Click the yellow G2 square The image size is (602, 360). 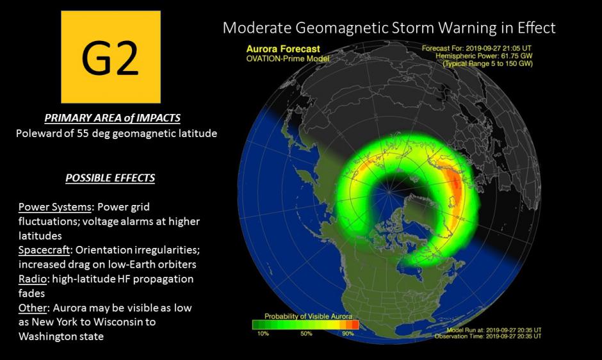click(x=111, y=57)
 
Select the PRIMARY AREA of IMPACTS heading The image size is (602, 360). click(x=112, y=118)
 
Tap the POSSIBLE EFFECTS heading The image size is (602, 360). click(x=110, y=178)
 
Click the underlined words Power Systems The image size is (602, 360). click(x=55, y=207)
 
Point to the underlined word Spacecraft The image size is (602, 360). click(x=44, y=250)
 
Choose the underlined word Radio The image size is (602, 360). click(x=33, y=279)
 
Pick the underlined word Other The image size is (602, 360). click(x=33, y=307)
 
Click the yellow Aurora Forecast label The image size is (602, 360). click(x=283, y=49)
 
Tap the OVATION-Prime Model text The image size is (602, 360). click(x=288, y=59)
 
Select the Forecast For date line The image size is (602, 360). click(x=476, y=49)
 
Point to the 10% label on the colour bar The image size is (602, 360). click(x=263, y=334)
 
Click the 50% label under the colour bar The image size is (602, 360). click(x=306, y=334)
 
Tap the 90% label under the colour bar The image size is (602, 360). click(x=348, y=334)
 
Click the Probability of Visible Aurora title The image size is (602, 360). click(x=308, y=316)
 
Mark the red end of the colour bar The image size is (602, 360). click(x=355, y=325)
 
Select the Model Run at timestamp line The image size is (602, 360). click(x=494, y=330)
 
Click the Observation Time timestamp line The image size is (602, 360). click(x=488, y=336)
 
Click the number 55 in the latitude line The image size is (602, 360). click(x=83, y=133)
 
